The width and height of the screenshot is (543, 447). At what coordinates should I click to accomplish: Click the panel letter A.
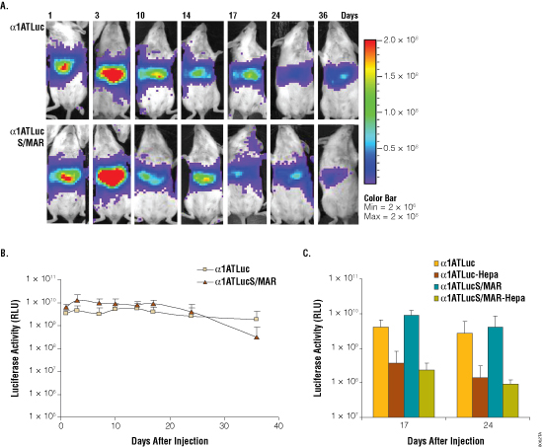coord(7,6)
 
